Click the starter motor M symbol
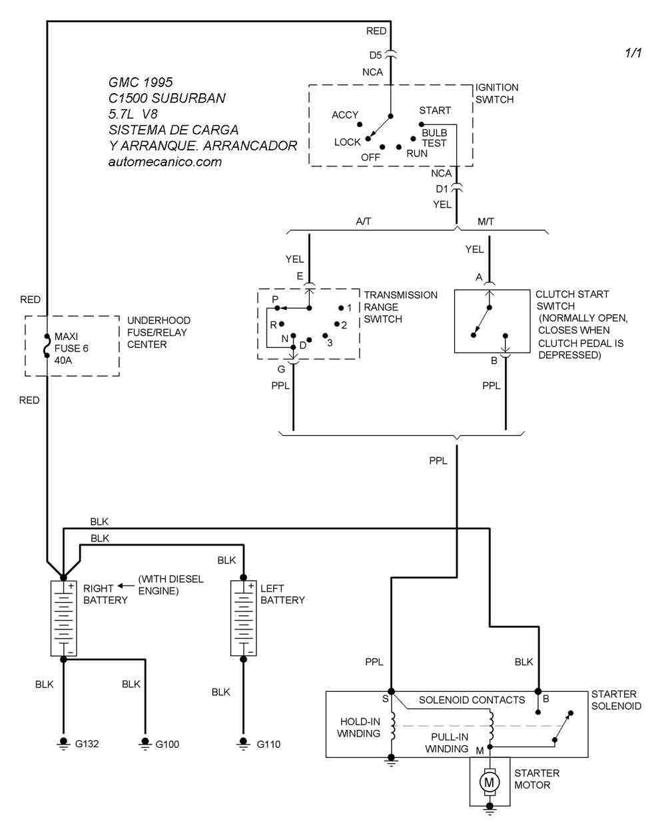click(x=490, y=781)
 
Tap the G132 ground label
click(x=87, y=744)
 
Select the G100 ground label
click(x=167, y=744)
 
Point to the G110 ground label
click(x=268, y=744)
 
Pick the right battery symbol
click(x=64, y=618)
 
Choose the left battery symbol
click(x=243, y=618)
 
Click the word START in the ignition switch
click(x=435, y=110)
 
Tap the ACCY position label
click(x=345, y=115)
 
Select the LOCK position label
click(x=347, y=142)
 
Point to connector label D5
click(x=376, y=55)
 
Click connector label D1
click(x=442, y=189)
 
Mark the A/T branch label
click(x=364, y=222)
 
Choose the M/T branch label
click(x=486, y=222)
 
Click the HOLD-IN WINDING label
click(x=360, y=727)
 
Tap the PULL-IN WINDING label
click(x=448, y=742)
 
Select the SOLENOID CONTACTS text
click(x=472, y=700)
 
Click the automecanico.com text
click(x=165, y=162)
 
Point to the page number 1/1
click(x=633, y=53)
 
